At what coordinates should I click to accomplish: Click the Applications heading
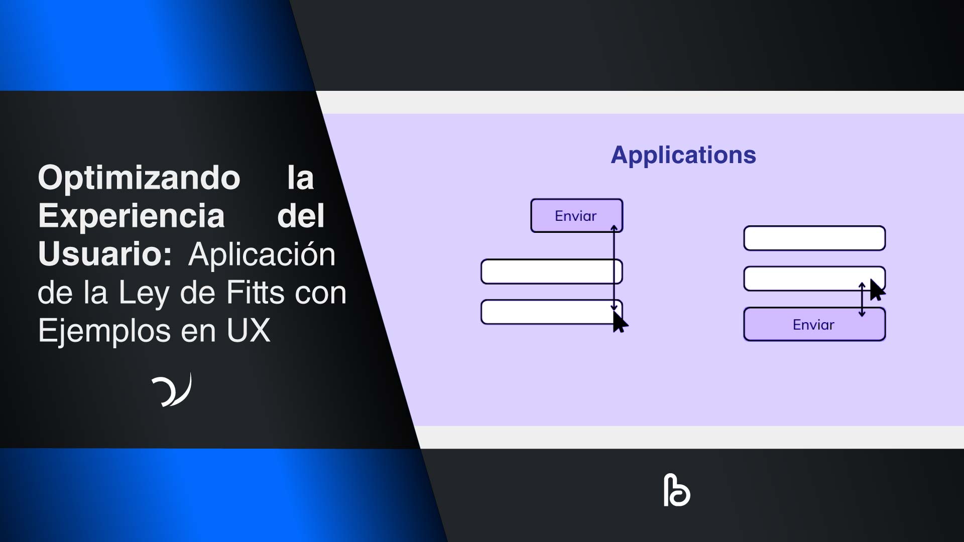pos(683,155)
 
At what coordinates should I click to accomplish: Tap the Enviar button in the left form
pos(576,216)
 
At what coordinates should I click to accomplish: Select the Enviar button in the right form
pos(814,325)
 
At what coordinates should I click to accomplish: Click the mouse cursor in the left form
pos(620,322)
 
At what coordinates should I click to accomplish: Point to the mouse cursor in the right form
pos(877,290)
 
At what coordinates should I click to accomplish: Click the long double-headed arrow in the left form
pos(614,268)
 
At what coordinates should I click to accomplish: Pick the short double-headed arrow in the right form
pos(862,300)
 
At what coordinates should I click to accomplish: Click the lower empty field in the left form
pos(547,312)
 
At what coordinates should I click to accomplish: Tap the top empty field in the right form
pos(814,238)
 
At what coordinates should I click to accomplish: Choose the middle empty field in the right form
pos(803,279)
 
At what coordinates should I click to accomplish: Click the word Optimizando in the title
pos(139,178)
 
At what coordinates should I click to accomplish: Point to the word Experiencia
pos(131,216)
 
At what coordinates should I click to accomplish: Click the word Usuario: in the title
pos(105,254)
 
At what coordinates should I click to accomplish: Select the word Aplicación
pos(262,254)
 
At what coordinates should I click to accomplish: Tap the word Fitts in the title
pos(256,292)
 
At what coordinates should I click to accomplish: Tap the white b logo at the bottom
pos(676,490)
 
